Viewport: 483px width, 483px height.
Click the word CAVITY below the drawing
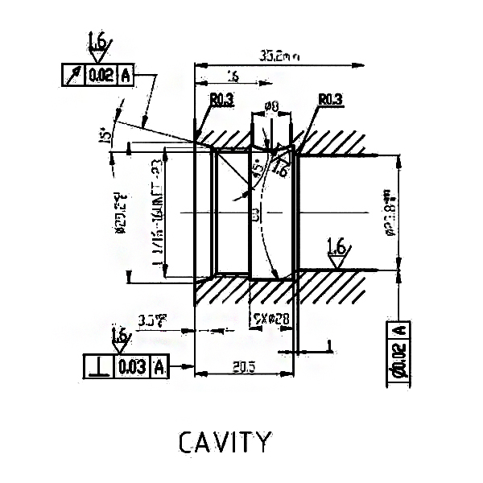click(224, 442)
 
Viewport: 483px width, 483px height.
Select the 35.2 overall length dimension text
click(279, 56)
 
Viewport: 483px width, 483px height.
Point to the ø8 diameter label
click(270, 105)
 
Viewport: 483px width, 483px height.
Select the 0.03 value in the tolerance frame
click(132, 367)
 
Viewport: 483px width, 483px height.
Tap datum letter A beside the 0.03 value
click(159, 367)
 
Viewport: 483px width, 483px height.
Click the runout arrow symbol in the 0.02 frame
click(73, 76)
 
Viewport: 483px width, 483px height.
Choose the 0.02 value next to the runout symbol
click(101, 76)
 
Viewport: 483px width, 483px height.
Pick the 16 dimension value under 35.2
click(233, 76)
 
